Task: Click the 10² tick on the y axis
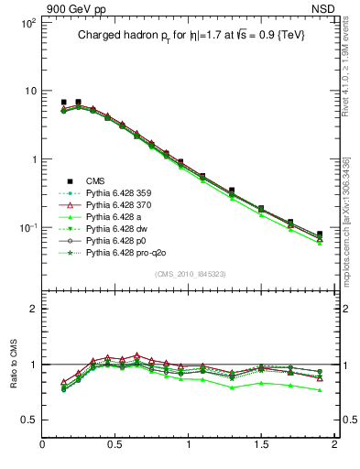(x=25, y=23)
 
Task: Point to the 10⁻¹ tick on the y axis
(x=25, y=227)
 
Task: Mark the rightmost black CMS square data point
(x=320, y=234)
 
